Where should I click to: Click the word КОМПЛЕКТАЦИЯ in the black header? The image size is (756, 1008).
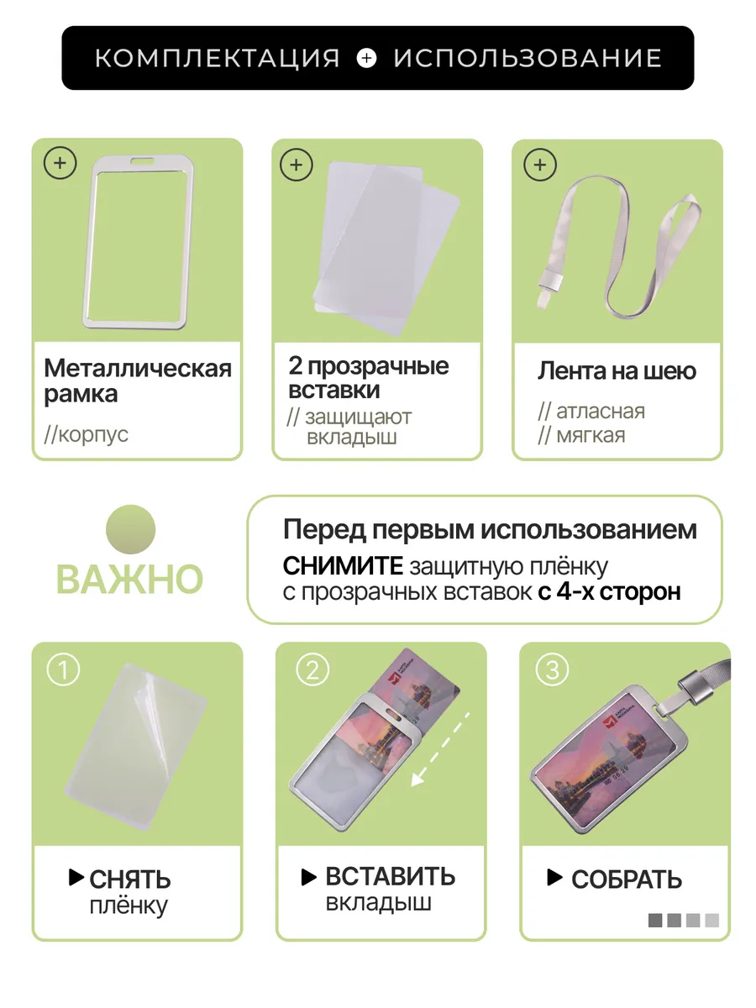coord(217,58)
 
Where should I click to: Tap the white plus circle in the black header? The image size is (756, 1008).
coord(366,58)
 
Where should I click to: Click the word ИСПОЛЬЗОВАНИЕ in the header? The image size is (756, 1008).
coord(528,58)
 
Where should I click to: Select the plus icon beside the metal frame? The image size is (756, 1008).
coord(60,163)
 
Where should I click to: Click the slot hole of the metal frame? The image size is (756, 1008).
coord(142,160)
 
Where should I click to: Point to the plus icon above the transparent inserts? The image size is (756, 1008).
coord(296,165)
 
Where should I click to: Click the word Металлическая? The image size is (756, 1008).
coord(138,368)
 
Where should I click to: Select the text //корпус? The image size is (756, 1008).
coord(87,434)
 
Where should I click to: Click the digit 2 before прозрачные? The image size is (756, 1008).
coord(295,366)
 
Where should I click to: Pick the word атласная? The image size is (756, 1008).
coord(601,411)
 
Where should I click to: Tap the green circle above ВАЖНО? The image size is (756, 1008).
coord(131,529)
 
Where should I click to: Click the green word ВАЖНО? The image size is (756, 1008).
coord(129,579)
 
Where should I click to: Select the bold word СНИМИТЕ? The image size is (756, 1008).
coord(343,566)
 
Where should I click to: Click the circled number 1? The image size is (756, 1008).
coord(63,669)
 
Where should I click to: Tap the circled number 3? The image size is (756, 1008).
coord(552,669)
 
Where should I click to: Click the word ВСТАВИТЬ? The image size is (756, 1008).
coord(390,876)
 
